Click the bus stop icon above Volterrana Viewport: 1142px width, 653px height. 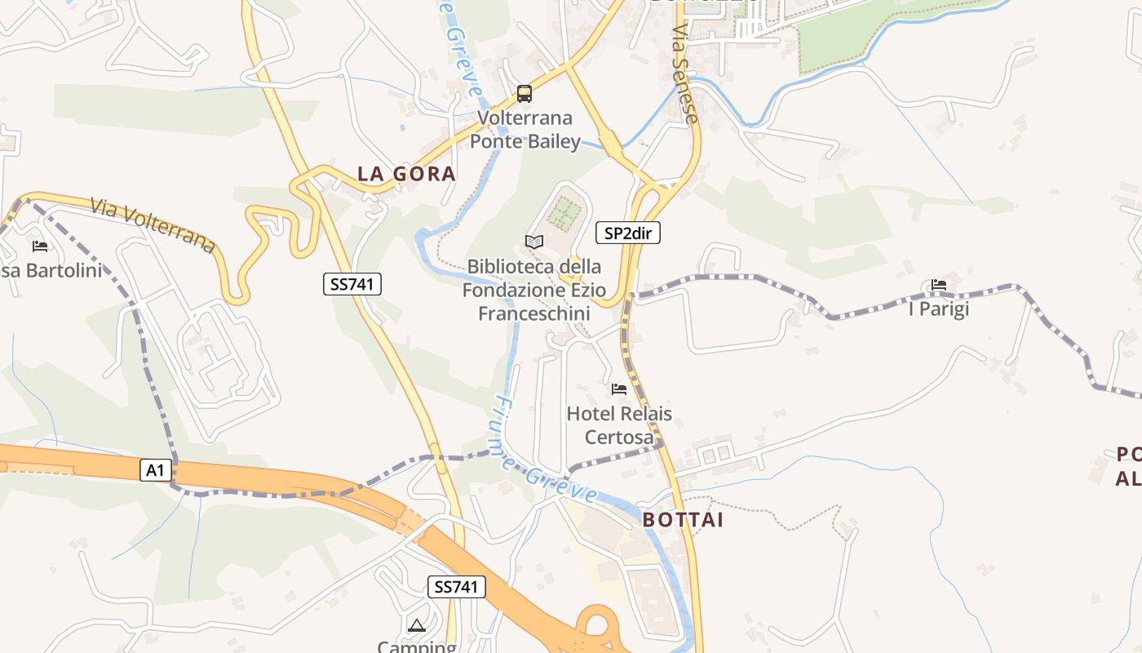525,94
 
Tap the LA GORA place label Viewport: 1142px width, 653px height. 406,174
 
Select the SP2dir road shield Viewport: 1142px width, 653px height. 628,233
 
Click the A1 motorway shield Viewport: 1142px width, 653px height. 156,470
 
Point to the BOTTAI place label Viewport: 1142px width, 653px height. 683,520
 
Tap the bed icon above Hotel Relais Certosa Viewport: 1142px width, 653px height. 619,389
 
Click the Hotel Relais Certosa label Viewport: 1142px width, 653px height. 619,425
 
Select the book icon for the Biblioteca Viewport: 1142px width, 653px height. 534,242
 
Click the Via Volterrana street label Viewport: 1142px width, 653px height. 153,224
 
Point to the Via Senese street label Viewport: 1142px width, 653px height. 685,73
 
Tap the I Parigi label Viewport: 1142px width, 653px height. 939,309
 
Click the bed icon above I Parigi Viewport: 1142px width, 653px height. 939,285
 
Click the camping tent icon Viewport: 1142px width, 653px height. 417,626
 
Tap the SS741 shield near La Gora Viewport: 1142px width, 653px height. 352,284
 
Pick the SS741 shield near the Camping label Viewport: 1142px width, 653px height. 457,586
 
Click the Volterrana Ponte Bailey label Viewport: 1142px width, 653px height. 525,129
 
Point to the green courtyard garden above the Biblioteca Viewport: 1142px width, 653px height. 563,213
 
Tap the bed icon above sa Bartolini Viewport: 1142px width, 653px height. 39,246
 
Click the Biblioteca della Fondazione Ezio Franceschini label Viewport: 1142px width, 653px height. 533,290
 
